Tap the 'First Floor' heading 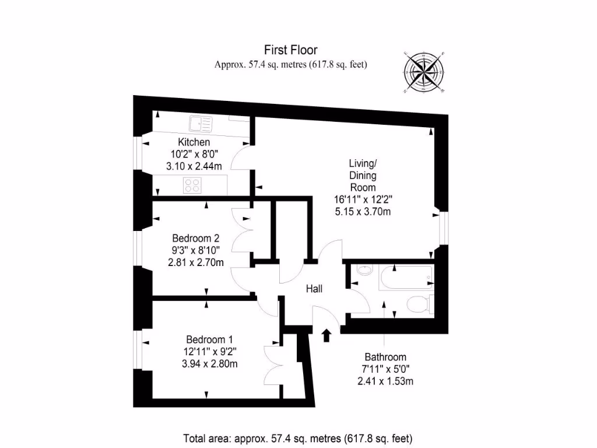pyautogui.click(x=290, y=50)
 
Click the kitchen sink pyautogui.click(x=201, y=123)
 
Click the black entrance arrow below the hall pyautogui.click(x=326, y=335)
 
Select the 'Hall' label pyautogui.click(x=314, y=289)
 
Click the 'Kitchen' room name pyautogui.click(x=194, y=142)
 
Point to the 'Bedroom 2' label pyautogui.click(x=195, y=238)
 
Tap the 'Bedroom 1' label pyautogui.click(x=210, y=339)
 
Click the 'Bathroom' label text pyautogui.click(x=385, y=357)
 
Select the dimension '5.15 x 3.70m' pyautogui.click(x=362, y=211)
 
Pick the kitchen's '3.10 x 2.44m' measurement pyautogui.click(x=194, y=167)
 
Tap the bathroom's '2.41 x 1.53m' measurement pyautogui.click(x=385, y=381)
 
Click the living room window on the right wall pyautogui.click(x=443, y=228)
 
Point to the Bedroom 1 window pyautogui.click(x=138, y=351)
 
